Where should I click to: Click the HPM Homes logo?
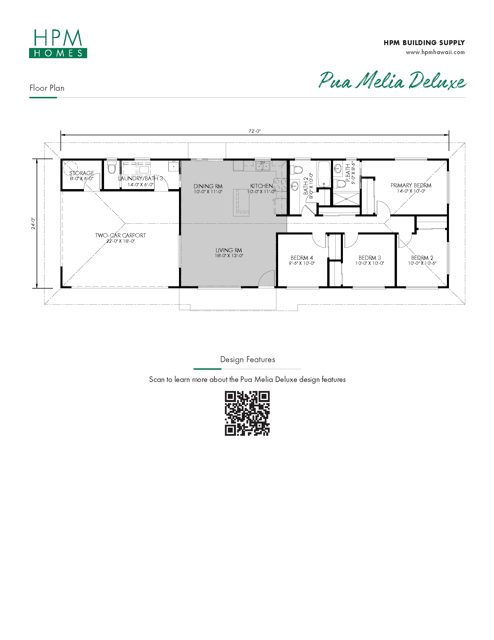(58, 43)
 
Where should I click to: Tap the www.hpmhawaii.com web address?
(435, 52)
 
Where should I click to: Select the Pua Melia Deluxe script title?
(392, 80)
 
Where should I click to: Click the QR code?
(247, 413)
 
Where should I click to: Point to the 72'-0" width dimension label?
(255, 131)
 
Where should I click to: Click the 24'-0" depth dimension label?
(33, 223)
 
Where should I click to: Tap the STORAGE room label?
(81, 173)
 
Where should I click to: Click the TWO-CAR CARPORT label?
(121, 235)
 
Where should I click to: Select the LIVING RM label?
(229, 250)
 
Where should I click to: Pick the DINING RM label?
(208, 186)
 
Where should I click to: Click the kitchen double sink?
(263, 166)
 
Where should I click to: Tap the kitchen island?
(241, 202)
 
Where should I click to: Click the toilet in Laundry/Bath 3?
(112, 167)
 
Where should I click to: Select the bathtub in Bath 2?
(324, 174)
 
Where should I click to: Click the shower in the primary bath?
(346, 199)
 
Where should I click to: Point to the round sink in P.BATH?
(338, 169)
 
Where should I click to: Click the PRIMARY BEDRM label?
(411, 186)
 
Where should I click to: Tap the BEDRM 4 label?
(302, 258)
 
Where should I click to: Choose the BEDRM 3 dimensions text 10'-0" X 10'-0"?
(370, 264)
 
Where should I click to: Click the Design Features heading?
(248, 360)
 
